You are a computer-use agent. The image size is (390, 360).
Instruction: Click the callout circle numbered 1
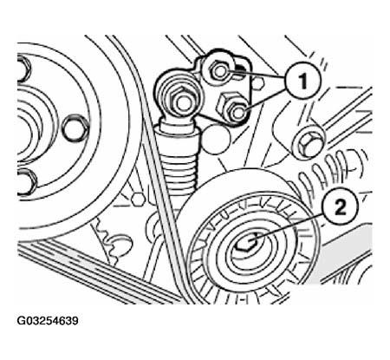click(302, 82)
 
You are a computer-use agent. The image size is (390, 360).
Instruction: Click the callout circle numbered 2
click(341, 207)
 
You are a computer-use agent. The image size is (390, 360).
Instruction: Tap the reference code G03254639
click(48, 321)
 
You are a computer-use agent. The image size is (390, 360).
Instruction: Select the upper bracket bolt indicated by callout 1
click(219, 71)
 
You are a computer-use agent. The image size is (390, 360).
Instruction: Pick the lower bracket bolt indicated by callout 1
click(237, 112)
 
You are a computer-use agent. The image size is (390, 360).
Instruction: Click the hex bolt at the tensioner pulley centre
click(246, 242)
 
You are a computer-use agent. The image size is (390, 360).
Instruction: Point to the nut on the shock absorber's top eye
click(181, 101)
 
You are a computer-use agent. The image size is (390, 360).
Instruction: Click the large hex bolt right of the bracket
click(308, 143)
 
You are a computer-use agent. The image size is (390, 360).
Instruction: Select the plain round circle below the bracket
click(215, 139)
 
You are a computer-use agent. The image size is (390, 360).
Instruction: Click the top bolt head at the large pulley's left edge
click(23, 69)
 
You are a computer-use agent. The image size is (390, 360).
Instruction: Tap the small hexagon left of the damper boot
click(136, 199)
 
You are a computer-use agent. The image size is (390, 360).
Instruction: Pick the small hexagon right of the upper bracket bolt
click(258, 83)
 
